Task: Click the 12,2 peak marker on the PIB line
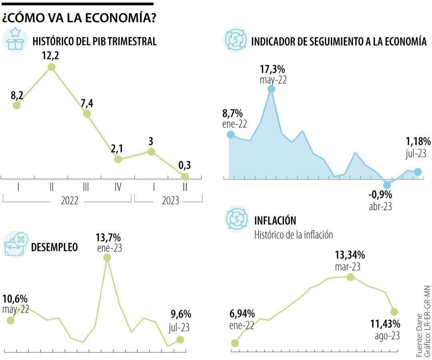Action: (51, 67)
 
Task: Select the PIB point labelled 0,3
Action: (184, 176)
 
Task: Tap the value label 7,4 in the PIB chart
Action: (86, 104)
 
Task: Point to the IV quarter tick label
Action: (118, 186)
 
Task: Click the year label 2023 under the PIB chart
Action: (170, 201)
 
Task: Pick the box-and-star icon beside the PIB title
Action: (15, 40)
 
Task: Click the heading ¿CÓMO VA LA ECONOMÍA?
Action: (79, 18)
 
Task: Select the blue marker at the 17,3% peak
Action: (271, 89)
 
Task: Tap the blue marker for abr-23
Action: (386, 184)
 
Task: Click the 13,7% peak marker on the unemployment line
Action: (107, 258)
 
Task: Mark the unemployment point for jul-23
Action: (180, 340)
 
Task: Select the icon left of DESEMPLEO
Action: (15, 243)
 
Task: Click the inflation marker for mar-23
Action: (350, 277)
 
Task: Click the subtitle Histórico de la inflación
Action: (294, 234)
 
